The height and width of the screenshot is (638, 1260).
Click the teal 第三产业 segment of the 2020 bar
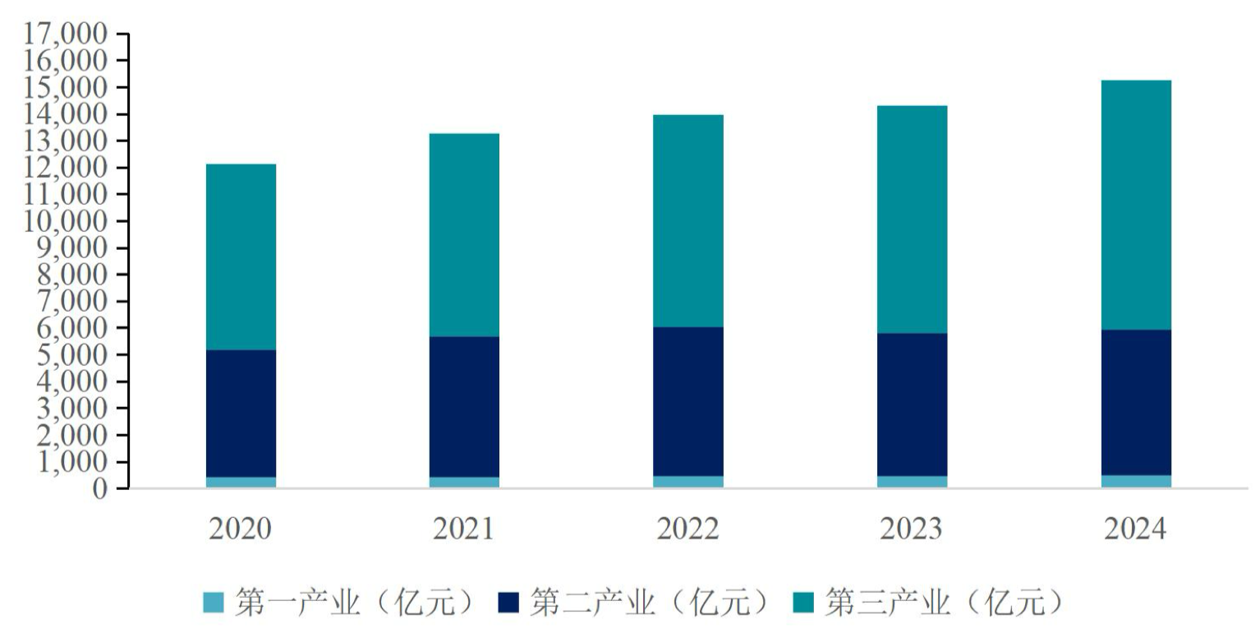(241, 257)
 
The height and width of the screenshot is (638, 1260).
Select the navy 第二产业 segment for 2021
(464, 406)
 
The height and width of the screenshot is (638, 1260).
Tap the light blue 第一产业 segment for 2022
(688, 482)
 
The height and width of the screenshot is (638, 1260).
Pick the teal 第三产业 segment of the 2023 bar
(912, 219)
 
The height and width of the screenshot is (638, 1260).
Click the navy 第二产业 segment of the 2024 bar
(1136, 402)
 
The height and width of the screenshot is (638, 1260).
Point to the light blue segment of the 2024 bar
(1136, 481)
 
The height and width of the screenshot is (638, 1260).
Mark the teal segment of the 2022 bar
(688, 220)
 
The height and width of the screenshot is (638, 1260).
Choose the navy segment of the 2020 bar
(241, 413)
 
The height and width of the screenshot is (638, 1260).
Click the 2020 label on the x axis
(241, 529)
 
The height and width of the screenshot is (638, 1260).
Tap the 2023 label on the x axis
(912, 529)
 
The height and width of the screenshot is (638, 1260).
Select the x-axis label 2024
(1136, 529)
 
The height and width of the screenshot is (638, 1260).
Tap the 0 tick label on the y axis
(100, 489)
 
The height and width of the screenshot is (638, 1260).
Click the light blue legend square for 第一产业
(213, 603)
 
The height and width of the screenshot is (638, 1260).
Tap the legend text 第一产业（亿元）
(353, 603)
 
